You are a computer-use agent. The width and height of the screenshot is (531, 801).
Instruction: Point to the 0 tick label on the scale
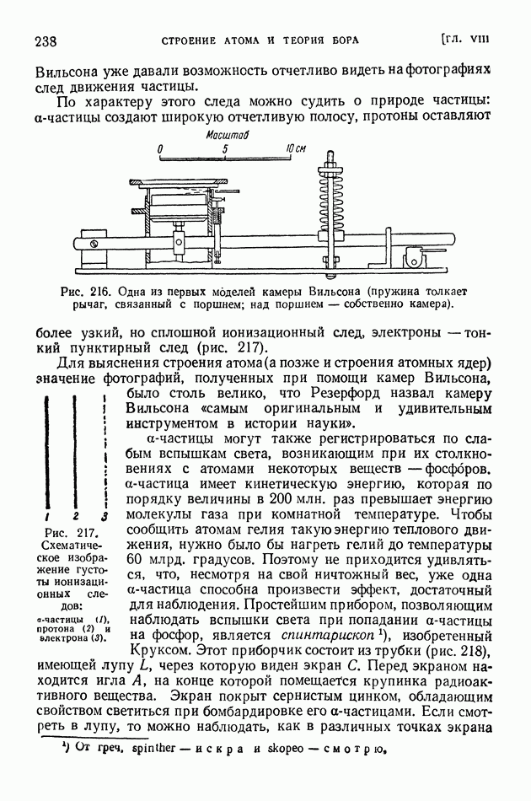click(x=160, y=148)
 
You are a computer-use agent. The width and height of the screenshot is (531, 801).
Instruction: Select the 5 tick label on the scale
click(x=226, y=148)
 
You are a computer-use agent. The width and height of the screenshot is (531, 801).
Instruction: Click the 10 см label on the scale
click(x=294, y=148)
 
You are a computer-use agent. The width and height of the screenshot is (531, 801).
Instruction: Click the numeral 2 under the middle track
click(x=75, y=516)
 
